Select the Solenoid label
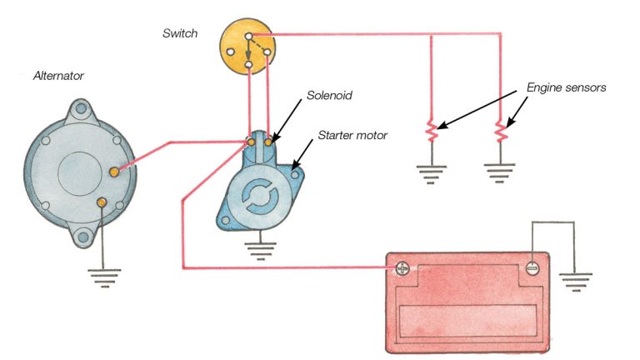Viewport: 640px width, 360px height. pos(329,96)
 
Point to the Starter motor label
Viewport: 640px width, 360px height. pos(353,134)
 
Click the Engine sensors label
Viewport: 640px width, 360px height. pos(567,87)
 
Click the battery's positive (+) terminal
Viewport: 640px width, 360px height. pos(402,268)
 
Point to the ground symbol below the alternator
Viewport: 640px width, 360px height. pos(102,276)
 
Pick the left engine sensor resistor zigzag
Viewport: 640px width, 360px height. pos(431,130)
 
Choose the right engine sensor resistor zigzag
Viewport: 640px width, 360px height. pos(501,130)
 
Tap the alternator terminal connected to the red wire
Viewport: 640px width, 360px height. pos(115,171)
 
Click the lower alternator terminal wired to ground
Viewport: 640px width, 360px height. pos(101,202)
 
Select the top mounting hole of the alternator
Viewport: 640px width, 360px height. pos(80,109)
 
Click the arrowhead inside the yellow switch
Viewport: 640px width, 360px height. pos(247,54)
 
